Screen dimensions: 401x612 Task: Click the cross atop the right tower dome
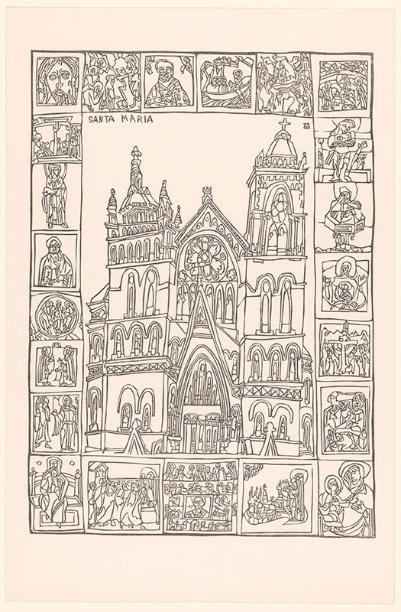point(285,125)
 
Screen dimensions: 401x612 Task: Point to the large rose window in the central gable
point(206,256)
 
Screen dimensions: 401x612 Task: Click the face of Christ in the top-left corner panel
point(58,81)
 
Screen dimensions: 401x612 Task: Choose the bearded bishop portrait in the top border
point(169,82)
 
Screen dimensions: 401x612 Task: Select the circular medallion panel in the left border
point(56,315)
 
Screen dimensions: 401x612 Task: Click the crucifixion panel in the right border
point(344,350)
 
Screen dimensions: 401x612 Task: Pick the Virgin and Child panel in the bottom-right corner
point(346,498)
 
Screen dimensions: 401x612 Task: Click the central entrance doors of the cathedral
point(202,432)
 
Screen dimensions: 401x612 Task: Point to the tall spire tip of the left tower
point(135,150)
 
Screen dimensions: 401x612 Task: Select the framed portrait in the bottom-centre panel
point(199,506)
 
